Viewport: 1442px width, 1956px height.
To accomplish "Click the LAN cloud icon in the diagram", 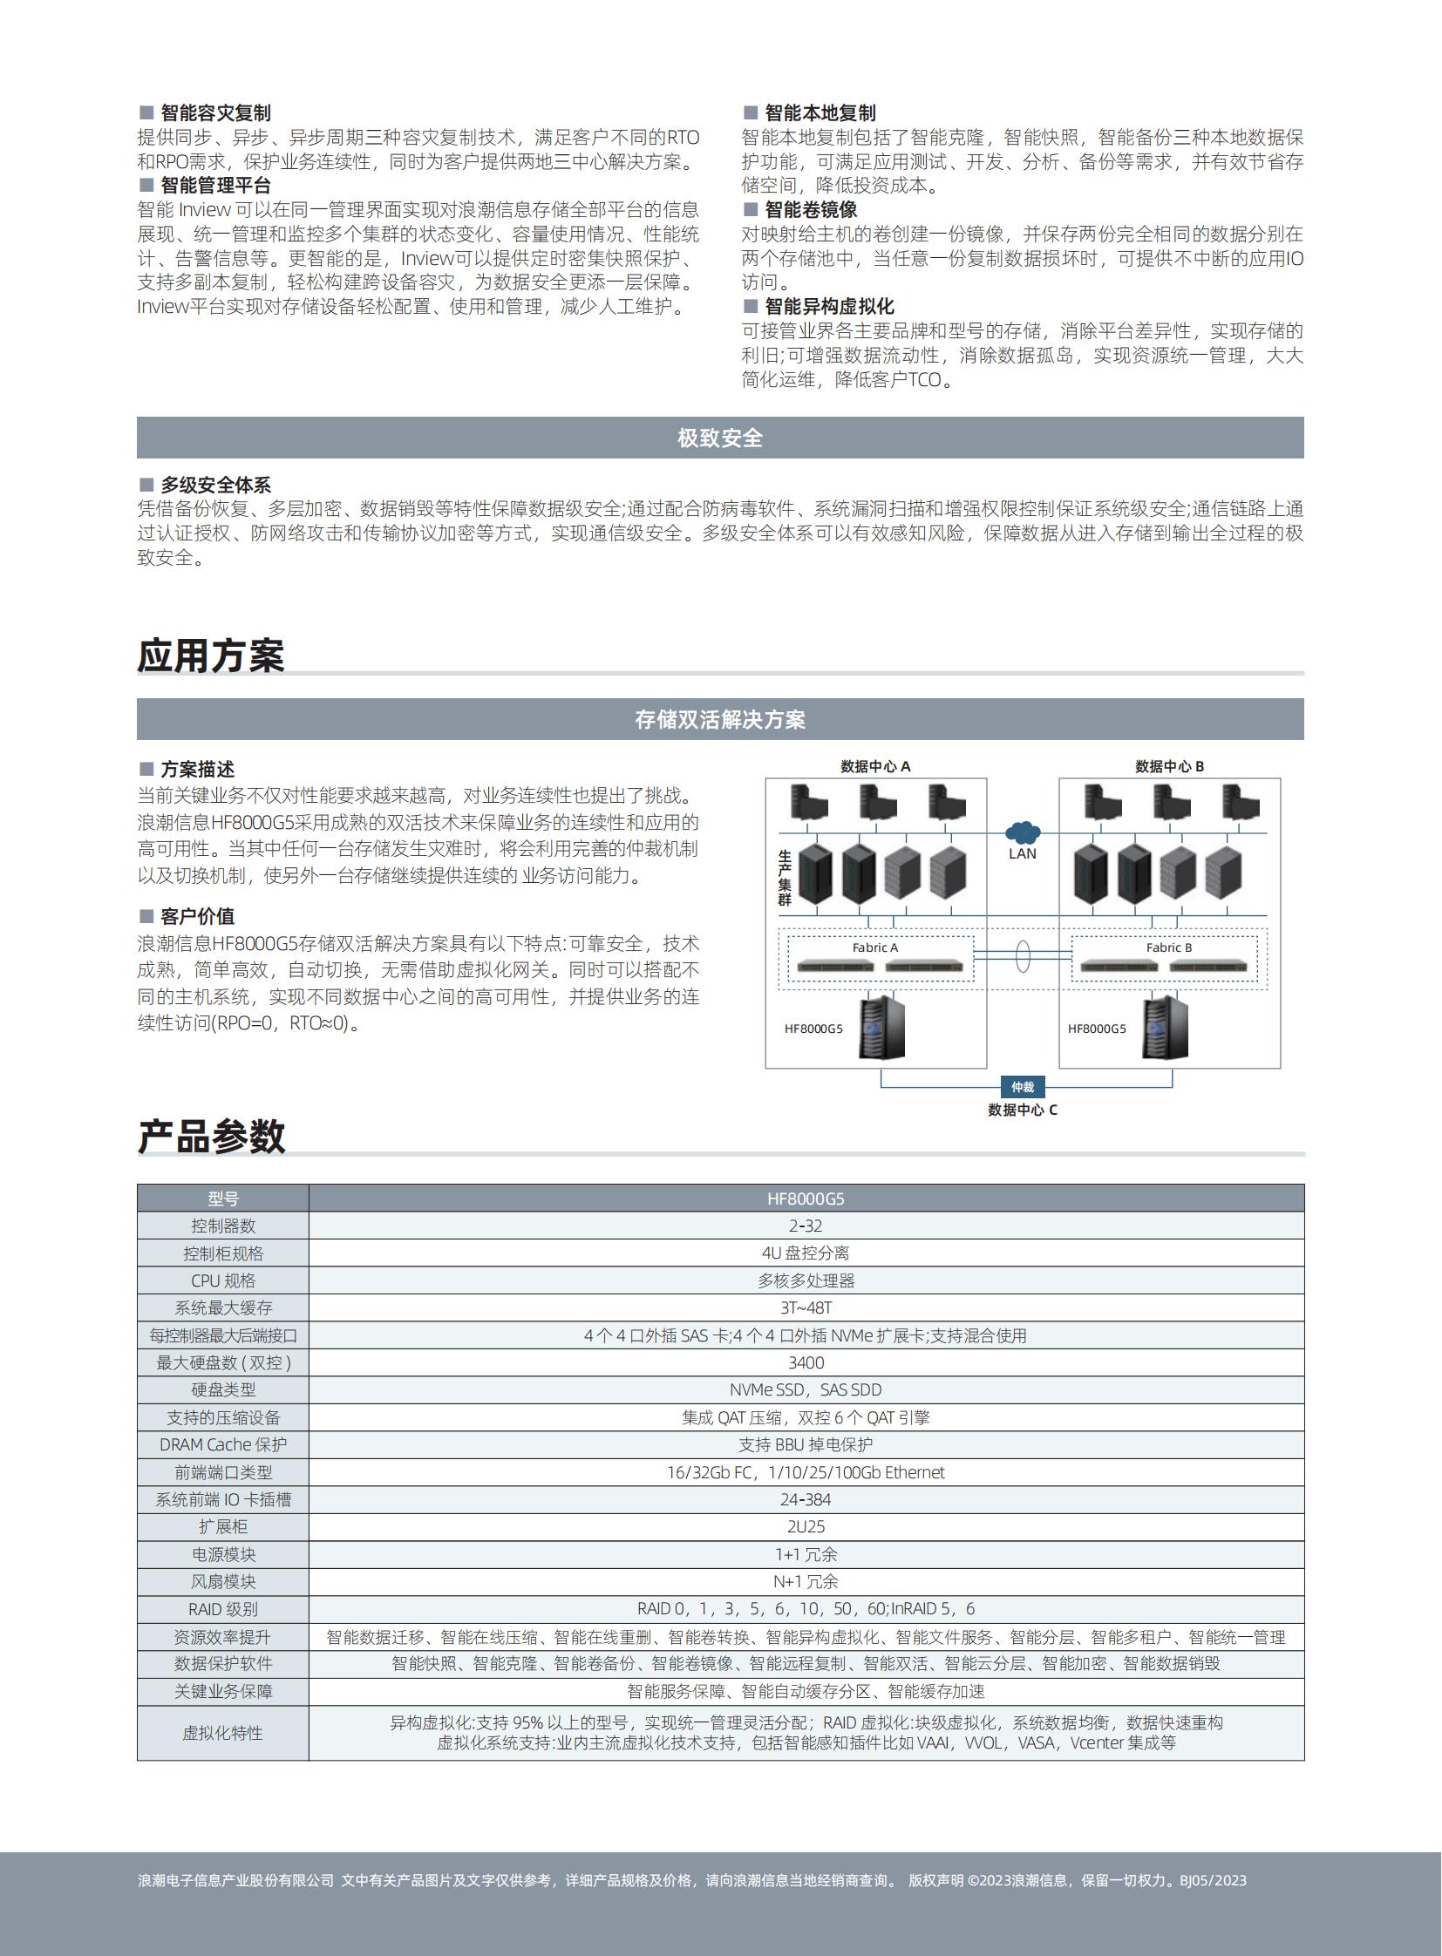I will [1022, 832].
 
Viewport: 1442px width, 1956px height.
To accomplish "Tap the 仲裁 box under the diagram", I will [1022, 1087].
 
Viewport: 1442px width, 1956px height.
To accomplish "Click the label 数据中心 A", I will [874, 766].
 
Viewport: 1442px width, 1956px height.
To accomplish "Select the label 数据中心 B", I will [1169, 766].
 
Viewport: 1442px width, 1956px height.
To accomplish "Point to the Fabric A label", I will [874, 947].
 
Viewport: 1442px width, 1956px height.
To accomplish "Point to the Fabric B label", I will [1169, 947].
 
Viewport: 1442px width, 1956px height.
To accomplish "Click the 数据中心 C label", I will [1022, 1110].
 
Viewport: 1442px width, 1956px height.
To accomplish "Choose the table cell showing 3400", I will [806, 1362].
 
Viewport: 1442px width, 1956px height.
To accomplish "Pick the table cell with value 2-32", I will [806, 1226].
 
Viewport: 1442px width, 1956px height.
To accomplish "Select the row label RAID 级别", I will [222, 1608].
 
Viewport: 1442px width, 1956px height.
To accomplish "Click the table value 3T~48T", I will [806, 1307].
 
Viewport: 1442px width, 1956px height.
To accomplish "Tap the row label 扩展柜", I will [222, 1526].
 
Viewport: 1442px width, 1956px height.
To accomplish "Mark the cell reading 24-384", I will [806, 1499].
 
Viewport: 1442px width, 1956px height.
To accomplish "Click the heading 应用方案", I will [210, 655].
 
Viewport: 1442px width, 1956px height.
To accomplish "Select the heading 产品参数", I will [211, 1137].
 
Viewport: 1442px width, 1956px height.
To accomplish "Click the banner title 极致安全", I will [720, 438].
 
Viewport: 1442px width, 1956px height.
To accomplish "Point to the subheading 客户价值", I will [197, 916].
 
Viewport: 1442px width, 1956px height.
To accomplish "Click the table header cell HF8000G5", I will [806, 1199].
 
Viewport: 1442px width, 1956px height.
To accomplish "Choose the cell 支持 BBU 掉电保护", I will [806, 1444].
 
